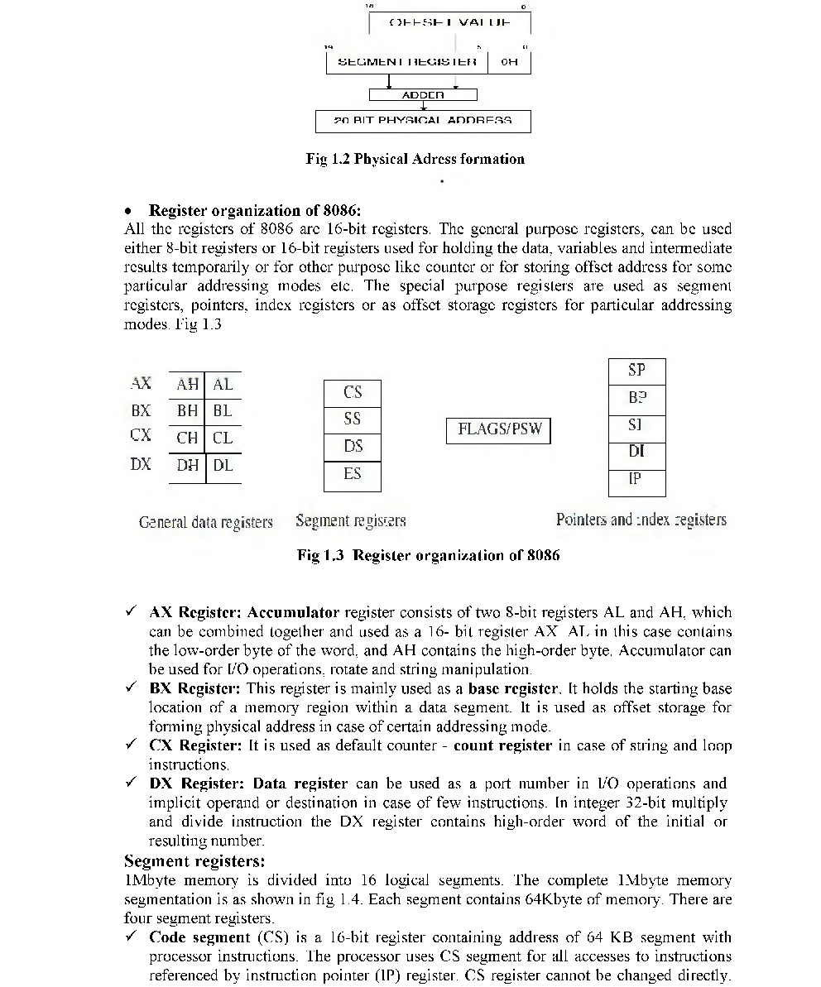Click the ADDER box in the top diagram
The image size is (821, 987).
(x=423, y=95)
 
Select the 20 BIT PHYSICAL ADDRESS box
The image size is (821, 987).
(x=423, y=121)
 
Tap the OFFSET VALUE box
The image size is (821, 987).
(x=449, y=22)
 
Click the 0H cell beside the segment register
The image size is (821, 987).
(x=510, y=62)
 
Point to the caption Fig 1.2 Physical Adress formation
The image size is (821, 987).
(x=415, y=159)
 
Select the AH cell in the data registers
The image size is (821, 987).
(x=188, y=385)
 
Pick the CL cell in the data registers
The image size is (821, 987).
(x=223, y=438)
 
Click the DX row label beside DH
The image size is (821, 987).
(x=141, y=465)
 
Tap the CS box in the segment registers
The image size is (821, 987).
(x=353, y=393)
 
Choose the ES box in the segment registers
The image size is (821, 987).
(x=353, y=474)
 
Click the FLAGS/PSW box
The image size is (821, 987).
(x=498, y=430)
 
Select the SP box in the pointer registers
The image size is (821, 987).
(x=636, y=371)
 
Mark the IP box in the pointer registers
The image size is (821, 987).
(x=636, y=480)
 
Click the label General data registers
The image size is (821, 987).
(x=205, y=523)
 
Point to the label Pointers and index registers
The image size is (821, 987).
(x=641, y=520)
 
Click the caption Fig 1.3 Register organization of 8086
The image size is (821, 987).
(x=428, y=555)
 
